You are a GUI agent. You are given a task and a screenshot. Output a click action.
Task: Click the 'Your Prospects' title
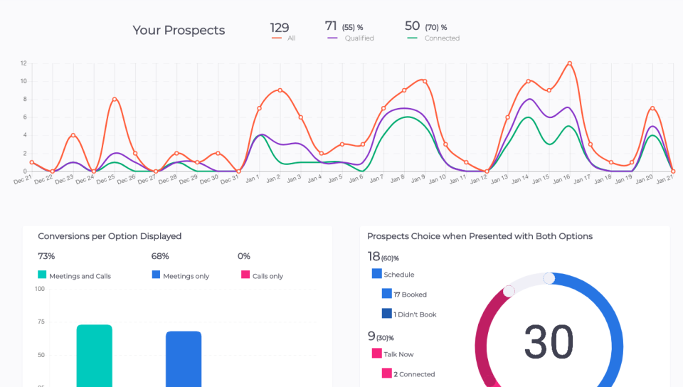[x=179, y=30]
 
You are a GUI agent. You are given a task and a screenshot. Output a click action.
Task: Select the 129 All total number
[x=280, y=28]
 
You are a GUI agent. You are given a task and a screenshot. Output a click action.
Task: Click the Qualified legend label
[x=359, y=38]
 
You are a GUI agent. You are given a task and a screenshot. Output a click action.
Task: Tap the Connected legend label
[x=442, y=38]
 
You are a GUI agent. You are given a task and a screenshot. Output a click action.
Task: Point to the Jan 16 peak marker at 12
[x=569, y=63]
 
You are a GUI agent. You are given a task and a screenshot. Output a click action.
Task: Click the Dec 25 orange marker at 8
[x=114, y=99]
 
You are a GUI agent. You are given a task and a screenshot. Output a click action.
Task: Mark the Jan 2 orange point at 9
[x=280, y=90]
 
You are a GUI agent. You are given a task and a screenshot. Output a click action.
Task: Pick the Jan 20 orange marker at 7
[x=652, y=108]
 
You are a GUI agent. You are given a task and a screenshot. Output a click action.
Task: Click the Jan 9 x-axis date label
[x=418, y=179]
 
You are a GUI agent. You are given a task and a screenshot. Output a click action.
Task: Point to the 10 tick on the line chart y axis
[x=23, y=81]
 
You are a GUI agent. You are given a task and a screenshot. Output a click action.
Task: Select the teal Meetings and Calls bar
[x=95, y=356]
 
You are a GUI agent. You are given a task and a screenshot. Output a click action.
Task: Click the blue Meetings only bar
[x=184, y=359]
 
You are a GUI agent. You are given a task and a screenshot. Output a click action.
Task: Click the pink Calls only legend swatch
[x=245, y=275]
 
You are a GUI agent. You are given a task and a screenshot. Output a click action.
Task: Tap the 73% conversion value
[x=46, y=256]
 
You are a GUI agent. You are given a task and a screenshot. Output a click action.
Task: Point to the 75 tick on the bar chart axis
[x=40, y=322]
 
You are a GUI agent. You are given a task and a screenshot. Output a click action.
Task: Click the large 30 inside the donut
[x=549, y=342]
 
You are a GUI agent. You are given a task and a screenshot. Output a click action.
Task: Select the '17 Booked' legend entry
[x=410, y=295]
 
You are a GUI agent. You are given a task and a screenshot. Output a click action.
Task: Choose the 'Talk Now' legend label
[x=398, y=354]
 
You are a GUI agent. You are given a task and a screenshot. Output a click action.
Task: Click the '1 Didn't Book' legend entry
[x=415, y=314]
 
